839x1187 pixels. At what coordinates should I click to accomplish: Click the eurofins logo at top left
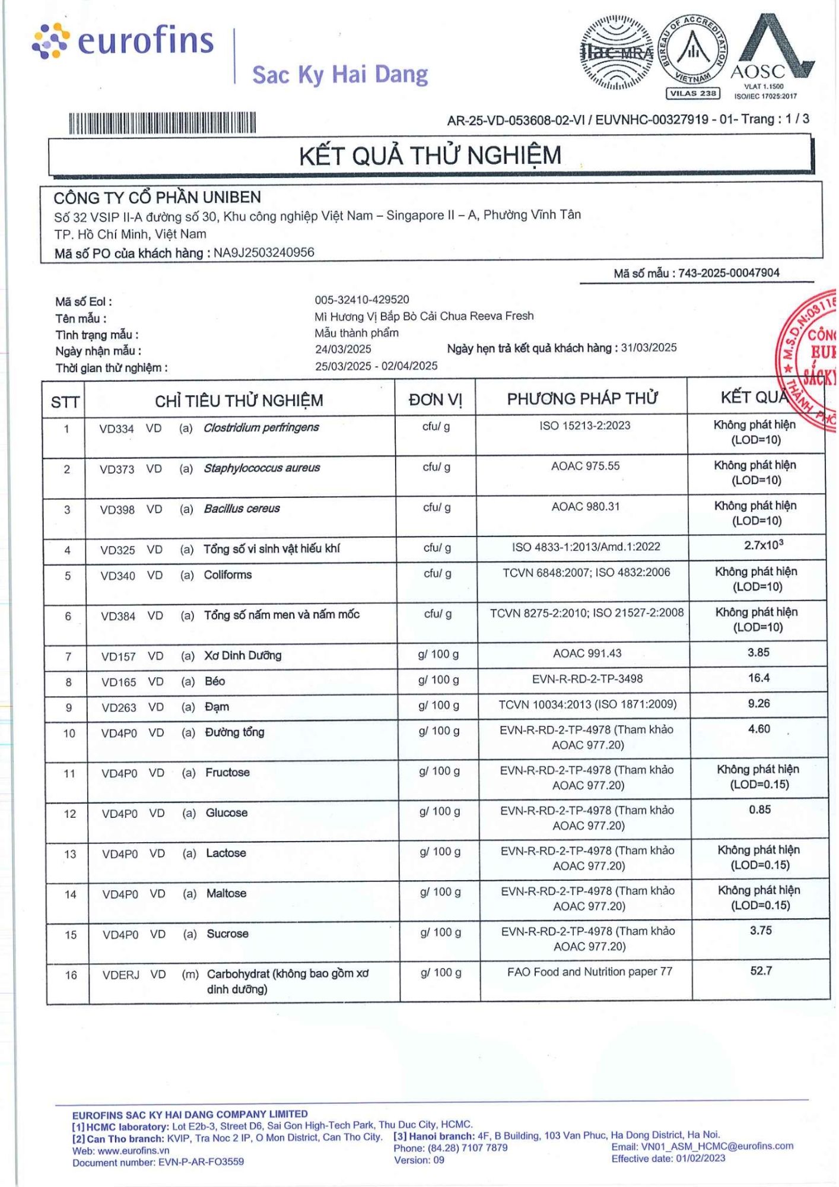pyautogui.click(x=123, y=41)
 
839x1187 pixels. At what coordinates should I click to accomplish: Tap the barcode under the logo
pyautogui.click(x=162, y=123)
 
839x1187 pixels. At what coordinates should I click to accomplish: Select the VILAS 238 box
pyautogui.click(x=693, y=93)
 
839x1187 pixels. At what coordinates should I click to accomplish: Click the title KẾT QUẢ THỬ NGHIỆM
pyautogui.click(x=430, y=155)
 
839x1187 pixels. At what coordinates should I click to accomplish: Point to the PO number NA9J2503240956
pyautogui.click(x=264, y=253)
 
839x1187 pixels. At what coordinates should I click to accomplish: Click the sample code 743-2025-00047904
pyautogui.click(x=729, y=273)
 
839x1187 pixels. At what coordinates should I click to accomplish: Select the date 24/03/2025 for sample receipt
pyautogui.click(x=343, y=349)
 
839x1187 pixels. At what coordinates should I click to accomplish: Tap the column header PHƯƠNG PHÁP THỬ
pyautogui.click(x=581, y=398)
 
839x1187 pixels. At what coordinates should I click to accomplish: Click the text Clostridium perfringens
pyautogui.click(x=261, y=427)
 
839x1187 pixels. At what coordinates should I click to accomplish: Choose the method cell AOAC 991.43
pyautogui.click(x=587, y=653)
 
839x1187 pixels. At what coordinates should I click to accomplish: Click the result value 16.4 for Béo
pyautogui.click(x=759, y=678)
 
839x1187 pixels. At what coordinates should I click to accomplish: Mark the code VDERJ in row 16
pyautogui.click(x=120, y=975)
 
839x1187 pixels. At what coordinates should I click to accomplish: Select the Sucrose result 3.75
pyautogui.click(x=760, y=931)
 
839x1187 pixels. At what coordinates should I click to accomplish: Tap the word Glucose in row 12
pyautogui.click(x=227, y=813)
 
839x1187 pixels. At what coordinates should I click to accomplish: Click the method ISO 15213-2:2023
pyautogui.click(x=584, y=426)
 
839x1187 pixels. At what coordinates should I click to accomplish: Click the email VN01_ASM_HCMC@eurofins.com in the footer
pyautogui.click(x=702, y=1146)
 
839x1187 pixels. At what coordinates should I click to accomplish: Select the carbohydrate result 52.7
pyautogui.click(x=761, y=971)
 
